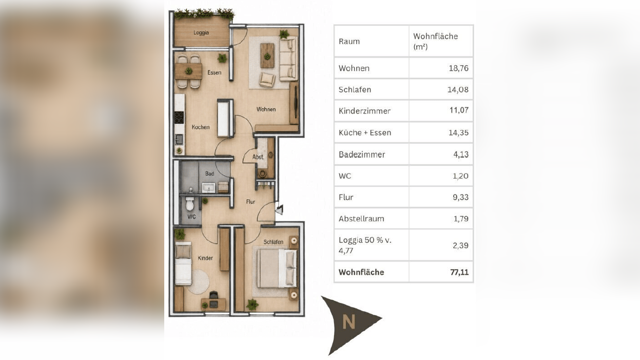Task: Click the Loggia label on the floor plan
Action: click(201, 32)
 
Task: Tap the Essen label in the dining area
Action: click(215, 72)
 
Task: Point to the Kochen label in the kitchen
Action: click(201, 127)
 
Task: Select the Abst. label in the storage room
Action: click(258, 157)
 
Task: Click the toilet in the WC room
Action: click(190, 203)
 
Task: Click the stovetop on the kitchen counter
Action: click(179, 118)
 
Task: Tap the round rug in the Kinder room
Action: click(198, 281)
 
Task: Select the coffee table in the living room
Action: click(267, 55)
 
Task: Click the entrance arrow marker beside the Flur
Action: click(279, 210)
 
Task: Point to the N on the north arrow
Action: click(348, 321)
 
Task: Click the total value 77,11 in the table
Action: click(459, 272)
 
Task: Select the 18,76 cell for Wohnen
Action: click(458, 68)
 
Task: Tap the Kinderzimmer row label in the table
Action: click(364, 111)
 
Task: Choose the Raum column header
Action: click(349, 42)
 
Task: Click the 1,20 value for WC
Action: click(460, 176)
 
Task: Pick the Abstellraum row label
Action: click(361, 219)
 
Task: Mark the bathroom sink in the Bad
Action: click(208, 188)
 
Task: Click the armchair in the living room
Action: click(267, 80)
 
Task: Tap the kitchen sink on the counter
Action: click(179, 139)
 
